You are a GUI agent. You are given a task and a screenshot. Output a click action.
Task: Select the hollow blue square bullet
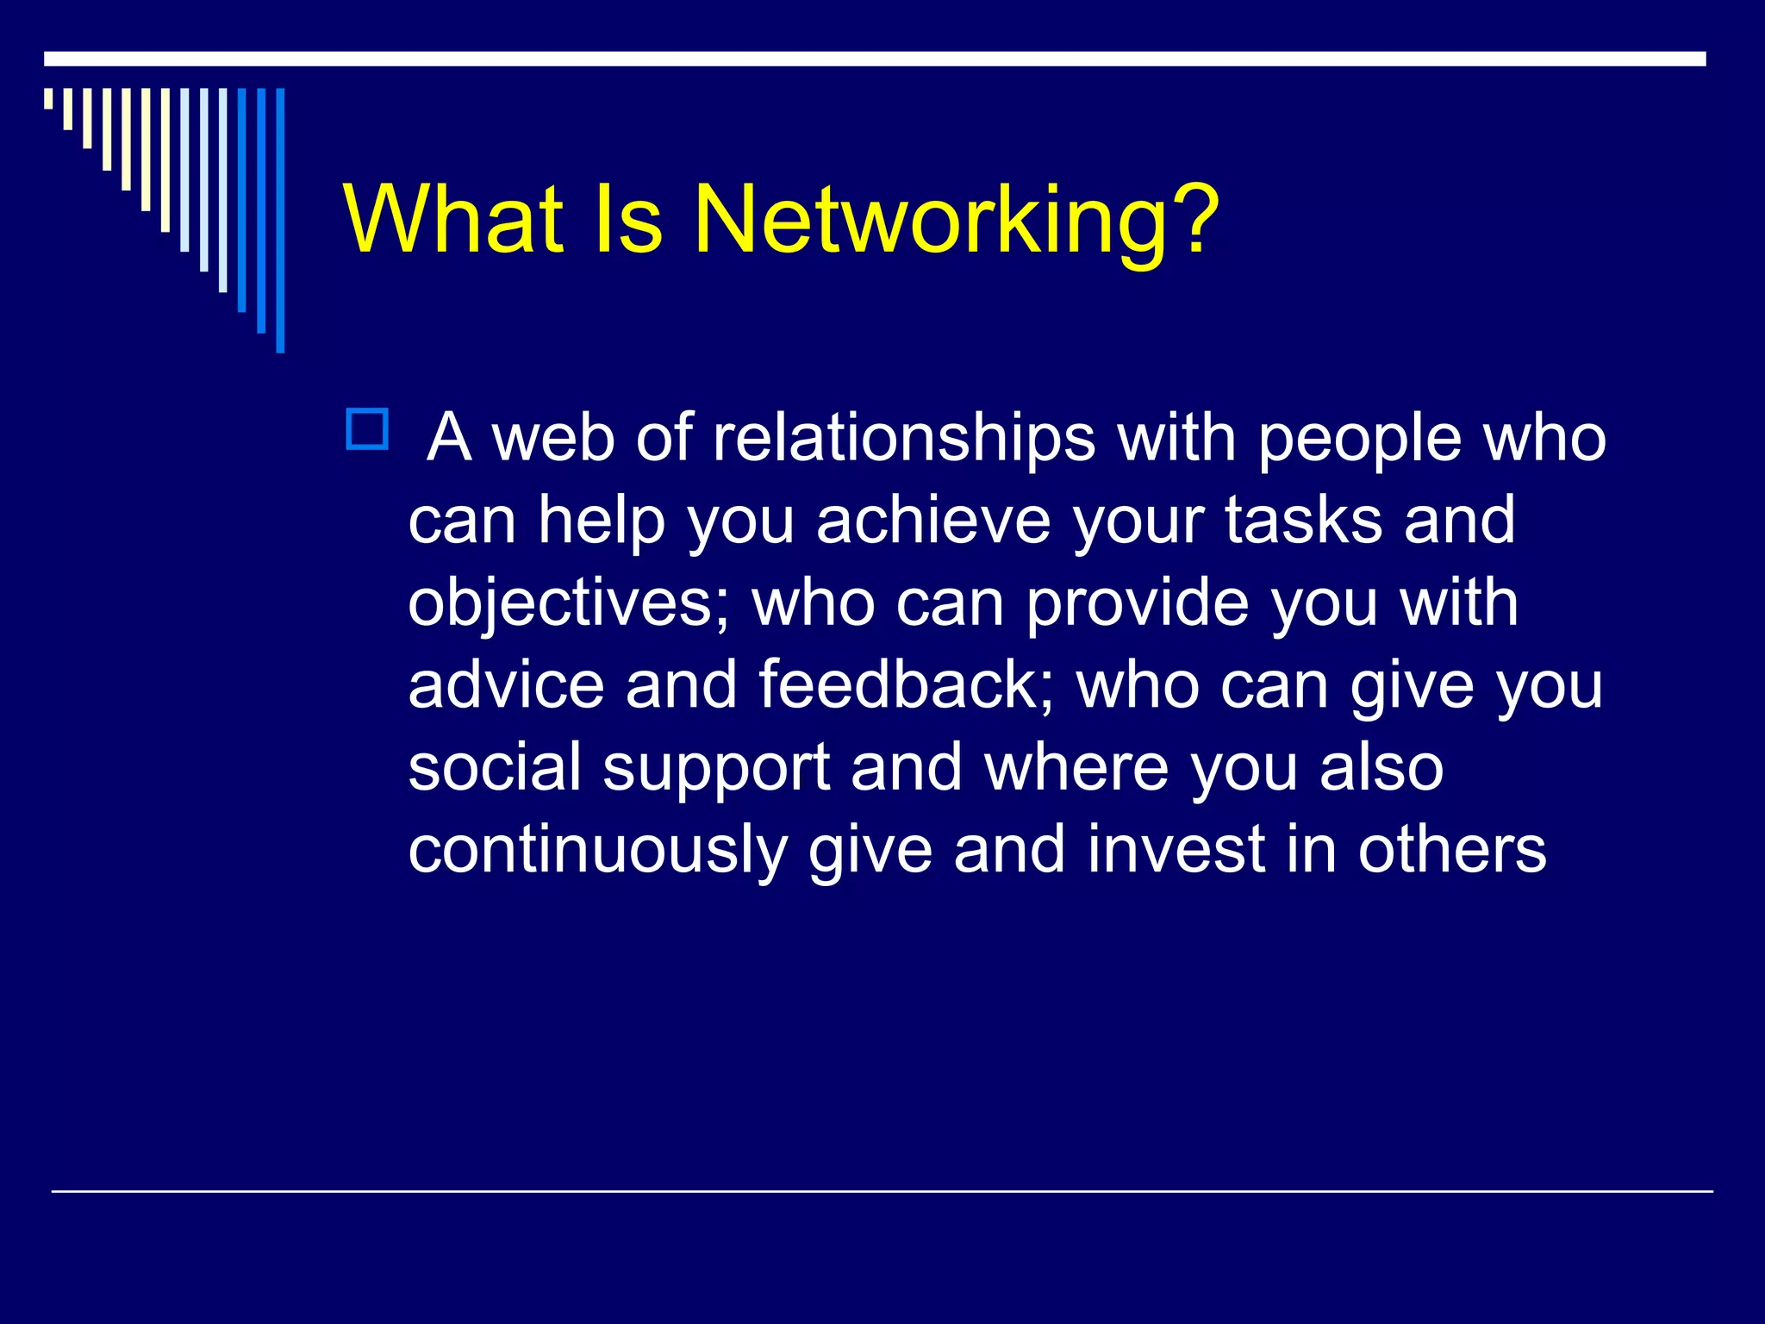[x=367, y=429]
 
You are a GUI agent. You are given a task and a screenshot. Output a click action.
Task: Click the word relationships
[x=904, y=438]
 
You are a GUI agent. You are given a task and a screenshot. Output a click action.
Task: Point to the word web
[x=552, y=438]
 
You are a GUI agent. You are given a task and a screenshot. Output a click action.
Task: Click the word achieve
[x=933, y=521]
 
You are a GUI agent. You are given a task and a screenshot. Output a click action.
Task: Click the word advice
[x=506, y=685]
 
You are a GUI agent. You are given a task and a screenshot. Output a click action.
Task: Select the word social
[x=495, y=767]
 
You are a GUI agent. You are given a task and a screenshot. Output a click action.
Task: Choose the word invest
[x=1176, y=850]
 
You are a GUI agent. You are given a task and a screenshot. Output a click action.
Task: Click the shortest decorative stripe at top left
[x=48, y=98]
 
